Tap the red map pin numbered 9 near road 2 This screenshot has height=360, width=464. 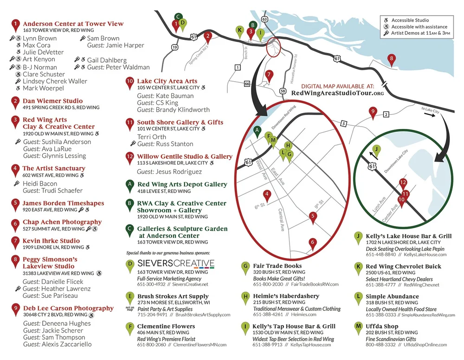click(372, 112)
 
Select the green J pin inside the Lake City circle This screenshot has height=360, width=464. click(377, 149)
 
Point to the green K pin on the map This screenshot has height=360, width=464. click(239, 31)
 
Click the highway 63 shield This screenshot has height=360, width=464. click(264, 19)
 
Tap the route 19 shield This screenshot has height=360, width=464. click(174, 47)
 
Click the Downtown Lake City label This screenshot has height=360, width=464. click(398, 160)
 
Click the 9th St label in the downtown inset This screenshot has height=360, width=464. click(317, 203)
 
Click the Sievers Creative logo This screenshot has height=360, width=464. click(176, 264)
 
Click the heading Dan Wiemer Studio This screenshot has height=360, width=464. click(53, 101)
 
